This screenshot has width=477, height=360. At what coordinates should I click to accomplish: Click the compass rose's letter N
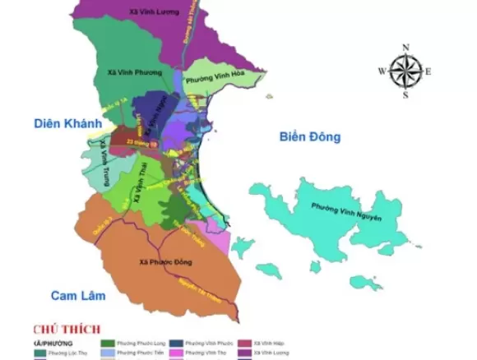pyautogui.click(x=405, y=47)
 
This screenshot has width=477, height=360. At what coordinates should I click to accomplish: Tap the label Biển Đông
pyautogui.click(x=308, y=136)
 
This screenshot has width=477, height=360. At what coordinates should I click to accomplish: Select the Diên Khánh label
pyautogui.click(x=67, y=123)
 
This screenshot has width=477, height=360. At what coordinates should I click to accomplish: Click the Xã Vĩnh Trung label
pyautogui.click(x=103, y=164)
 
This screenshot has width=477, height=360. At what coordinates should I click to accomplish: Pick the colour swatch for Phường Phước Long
pyautogui.click(x=108, y=343)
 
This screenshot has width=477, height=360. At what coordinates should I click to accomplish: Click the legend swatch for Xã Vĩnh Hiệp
pyautogui.click(x=243, y=343)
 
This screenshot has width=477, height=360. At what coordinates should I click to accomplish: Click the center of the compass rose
pyautogui.click(x=405, y=71)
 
